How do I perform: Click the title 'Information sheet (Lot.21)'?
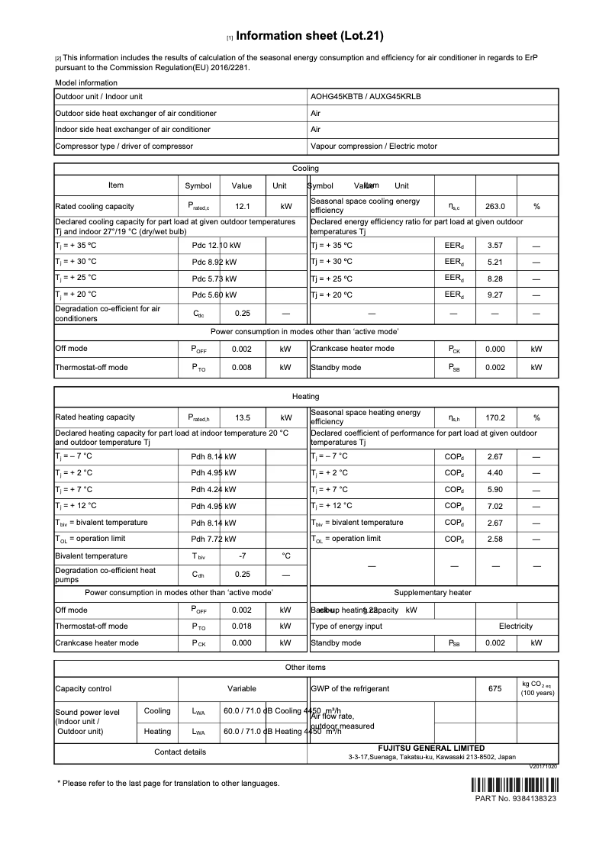click(x=310, y=36)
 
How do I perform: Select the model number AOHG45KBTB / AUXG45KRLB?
click(x=366, y=97)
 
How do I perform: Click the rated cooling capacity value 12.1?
click(x=243, y=206)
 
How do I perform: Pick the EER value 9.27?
click(x=495, y=294)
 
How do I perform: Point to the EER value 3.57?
click(x=495, y=246)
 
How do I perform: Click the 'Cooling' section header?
click(x=306, y=169)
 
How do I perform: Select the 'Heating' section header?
click(x=306, y=397)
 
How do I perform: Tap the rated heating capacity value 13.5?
click(x=243, y=417)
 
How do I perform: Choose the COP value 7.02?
click(x=495, y=506)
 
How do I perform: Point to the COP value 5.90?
click(x=495, y=490)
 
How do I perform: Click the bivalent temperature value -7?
click(x=243, y=556)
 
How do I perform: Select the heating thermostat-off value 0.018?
click(x=241, y=626)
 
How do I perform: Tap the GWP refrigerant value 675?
click(x=495, y=688)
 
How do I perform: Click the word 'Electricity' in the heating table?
click(x=515, y=626)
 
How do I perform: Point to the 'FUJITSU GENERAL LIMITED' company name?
click(x=431, y=749)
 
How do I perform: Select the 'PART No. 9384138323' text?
click(x=515, y=799)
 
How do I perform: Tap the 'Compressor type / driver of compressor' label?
click(x=124, y=146)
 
